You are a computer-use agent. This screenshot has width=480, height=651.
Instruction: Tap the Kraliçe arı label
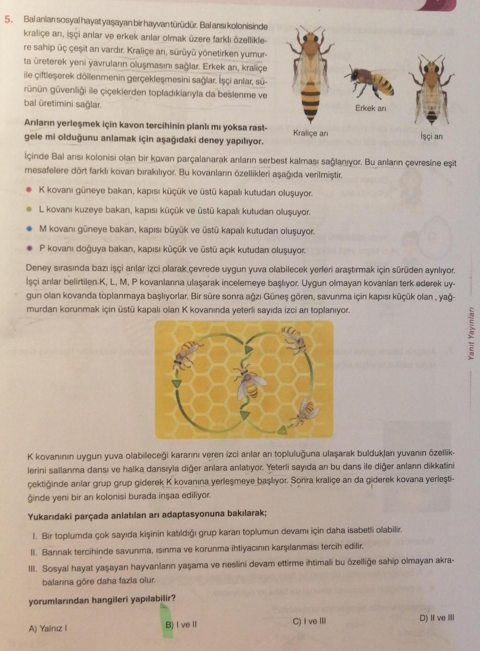(x=310, y=133)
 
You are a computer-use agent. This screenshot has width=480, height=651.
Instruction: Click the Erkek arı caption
(x=371, y=108)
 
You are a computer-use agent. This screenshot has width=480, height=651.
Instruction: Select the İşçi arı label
(x=432, y=137)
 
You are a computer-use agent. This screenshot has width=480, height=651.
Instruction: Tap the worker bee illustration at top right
(x=432, y=89)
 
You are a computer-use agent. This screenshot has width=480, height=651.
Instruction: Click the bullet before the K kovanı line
(x=29, y=191)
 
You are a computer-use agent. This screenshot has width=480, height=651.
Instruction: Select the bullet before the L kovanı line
(x=29, y=209)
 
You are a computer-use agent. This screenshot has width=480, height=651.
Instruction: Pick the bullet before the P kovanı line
(x=29, y=249)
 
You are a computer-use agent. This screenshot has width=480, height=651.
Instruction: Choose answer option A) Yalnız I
(x=48, y=628)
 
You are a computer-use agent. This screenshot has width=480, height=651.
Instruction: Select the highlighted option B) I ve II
(x=181, y=625)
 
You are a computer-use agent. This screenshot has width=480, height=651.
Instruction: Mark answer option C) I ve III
(x=309, y=621)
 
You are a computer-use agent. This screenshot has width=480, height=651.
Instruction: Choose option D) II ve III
(x=436, y=618)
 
